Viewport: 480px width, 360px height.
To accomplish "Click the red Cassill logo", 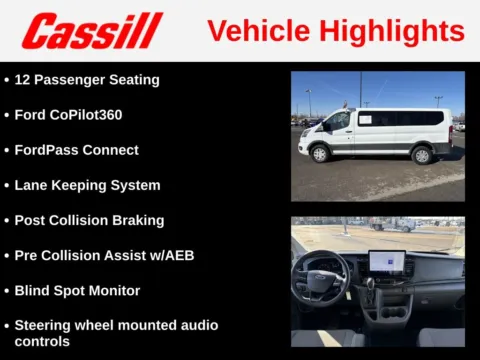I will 91,31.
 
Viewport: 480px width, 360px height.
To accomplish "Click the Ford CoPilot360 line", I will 68,115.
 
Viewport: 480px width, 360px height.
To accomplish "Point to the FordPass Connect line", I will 76,150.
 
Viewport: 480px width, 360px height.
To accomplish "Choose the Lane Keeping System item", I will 87,185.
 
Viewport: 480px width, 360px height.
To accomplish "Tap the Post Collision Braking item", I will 89,220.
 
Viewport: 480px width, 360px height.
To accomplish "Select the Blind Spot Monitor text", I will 77,290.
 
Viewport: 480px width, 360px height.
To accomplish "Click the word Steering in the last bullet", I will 44,325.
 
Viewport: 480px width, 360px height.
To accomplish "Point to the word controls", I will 42,341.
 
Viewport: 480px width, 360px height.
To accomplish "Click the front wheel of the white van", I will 320,153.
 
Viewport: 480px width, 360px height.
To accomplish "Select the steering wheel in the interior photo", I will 320,276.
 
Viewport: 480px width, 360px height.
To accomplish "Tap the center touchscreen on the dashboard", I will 387,262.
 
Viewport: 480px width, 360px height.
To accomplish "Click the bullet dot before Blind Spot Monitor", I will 7,291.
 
